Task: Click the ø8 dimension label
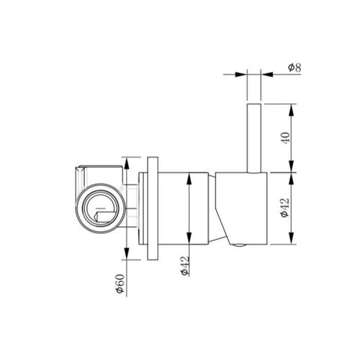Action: click(295, 67)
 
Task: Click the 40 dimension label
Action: click(286, 137)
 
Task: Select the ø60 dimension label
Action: click(120, 283)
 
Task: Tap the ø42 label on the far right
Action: click(285, 208)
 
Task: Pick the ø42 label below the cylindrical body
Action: click(185, 265)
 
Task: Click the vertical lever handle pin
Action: click(254, 138)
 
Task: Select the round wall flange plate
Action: click(152, 208)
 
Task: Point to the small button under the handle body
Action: click(239, 245)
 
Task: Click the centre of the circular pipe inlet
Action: click(100, 208)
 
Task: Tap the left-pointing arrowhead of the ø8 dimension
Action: click(267, 74)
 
